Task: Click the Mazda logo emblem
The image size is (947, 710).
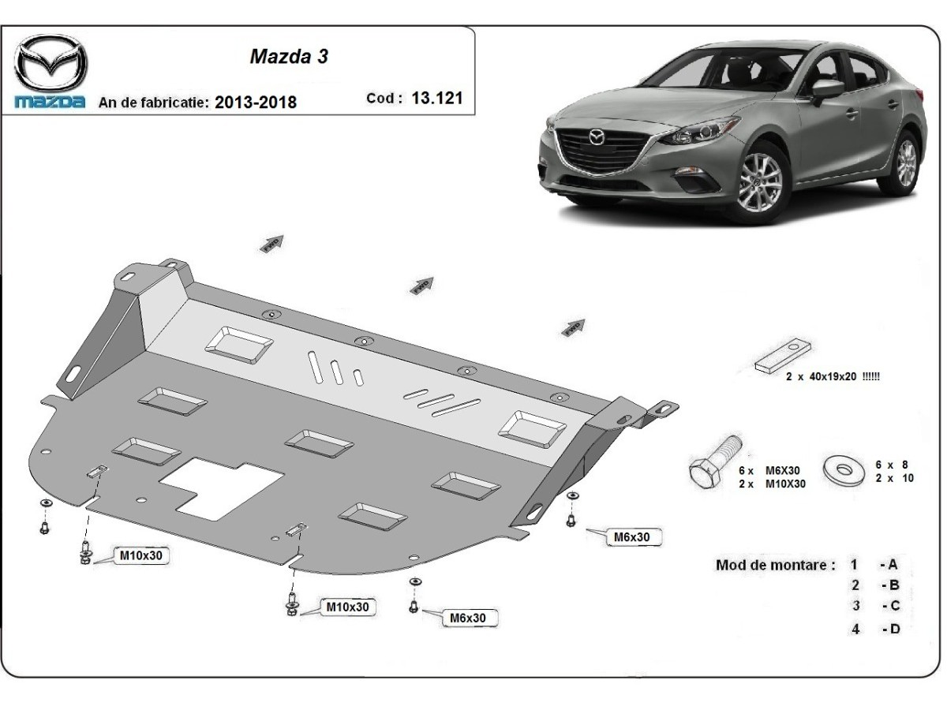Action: [51, 63]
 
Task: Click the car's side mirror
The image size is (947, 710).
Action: [826, 88]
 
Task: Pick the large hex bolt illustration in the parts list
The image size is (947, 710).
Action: [713, 462]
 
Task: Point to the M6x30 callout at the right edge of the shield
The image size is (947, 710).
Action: [632, 537]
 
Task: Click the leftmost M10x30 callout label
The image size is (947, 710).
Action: [142, 556]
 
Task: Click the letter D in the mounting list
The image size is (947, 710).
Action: [894, 630]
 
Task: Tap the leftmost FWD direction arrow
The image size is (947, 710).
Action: [271, 244]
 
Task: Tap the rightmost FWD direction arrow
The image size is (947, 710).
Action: [574, 326]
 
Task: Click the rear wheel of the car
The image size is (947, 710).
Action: [906, 163]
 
